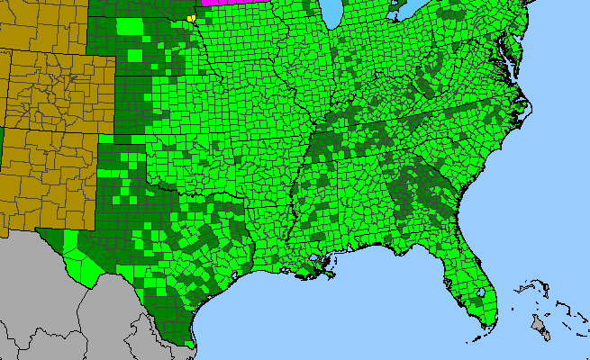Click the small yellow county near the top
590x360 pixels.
click(x=190, y=16)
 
